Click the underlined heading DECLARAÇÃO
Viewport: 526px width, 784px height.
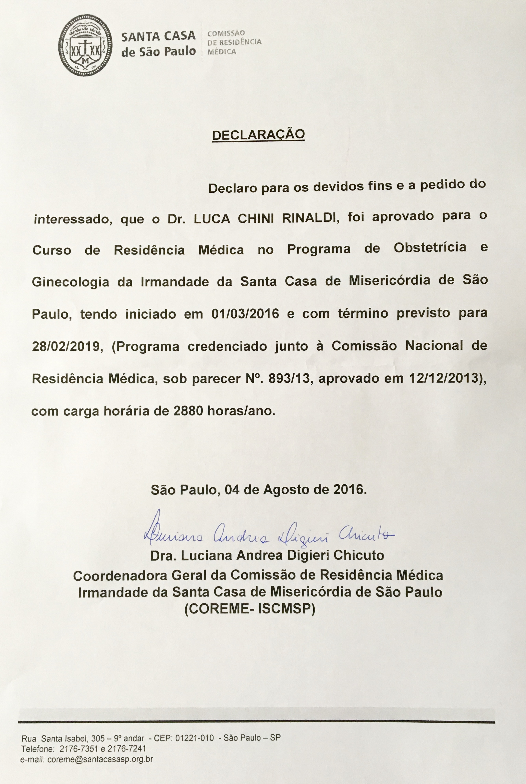coord(258,135)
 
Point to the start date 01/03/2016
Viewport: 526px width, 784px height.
coord(245,314)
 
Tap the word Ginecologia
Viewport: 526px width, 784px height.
coord(70,282)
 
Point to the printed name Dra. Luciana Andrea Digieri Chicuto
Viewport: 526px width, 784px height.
coord(267,555)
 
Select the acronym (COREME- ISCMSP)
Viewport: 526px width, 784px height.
coord(250,609)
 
